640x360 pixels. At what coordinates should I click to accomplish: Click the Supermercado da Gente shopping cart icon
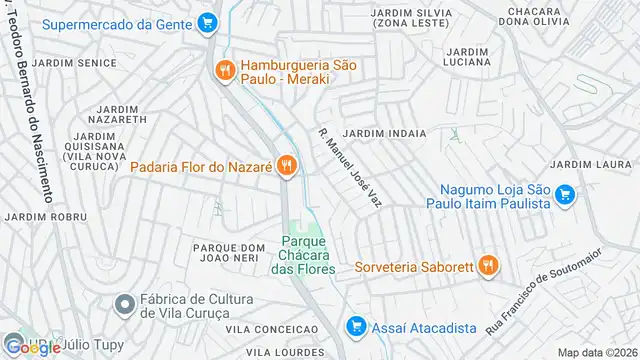207,21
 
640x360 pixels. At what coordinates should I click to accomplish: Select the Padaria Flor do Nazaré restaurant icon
287,165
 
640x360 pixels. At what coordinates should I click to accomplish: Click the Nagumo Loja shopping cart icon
564,195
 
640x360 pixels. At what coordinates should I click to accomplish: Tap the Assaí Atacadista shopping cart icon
355,325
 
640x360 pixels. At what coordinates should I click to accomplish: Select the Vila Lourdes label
284,352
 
